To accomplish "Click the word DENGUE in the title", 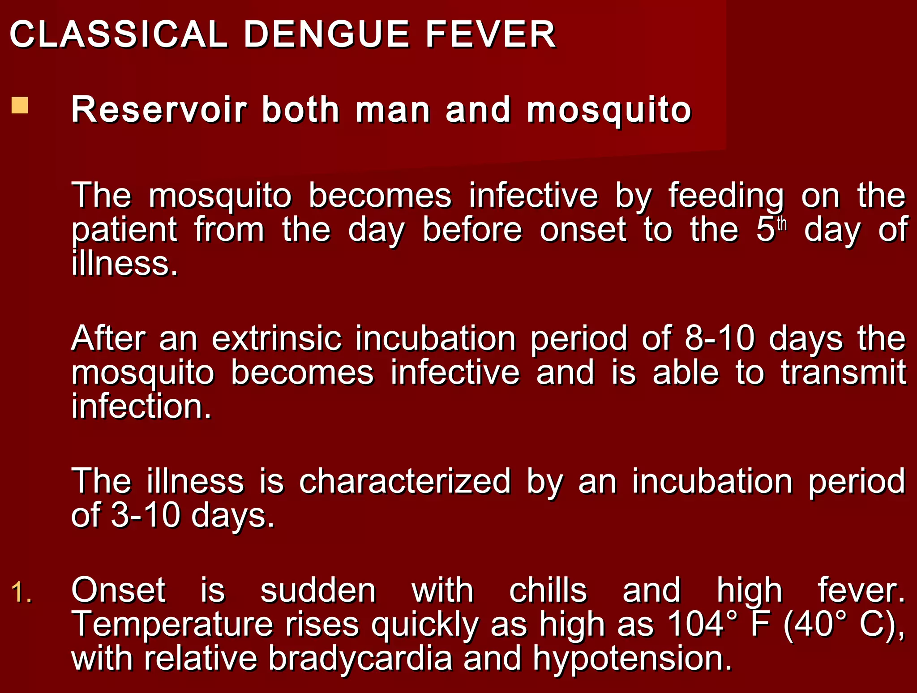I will (x=326, y=34).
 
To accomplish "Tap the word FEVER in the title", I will (x=491, y=34).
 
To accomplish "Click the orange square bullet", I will (x=20, y=106).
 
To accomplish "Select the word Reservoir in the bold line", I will (x=159, y=110).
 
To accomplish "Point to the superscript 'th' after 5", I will (x=781, y=223).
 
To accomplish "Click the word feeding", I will (x=726, y=196).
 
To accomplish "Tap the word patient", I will (x=124, y=230).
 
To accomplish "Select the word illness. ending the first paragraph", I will (x=124, y=264).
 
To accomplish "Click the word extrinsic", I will (x=277, y=338).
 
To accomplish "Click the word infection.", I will (x=141, y=406).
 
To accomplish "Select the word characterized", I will (x=405, y=481).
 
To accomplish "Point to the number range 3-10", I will (x=145, y=515).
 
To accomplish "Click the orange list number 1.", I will (x=21, y=592).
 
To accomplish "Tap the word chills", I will (x=548, y=590).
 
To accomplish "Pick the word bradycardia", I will (x=360, y=658).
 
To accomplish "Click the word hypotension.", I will (x=632, y=659).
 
